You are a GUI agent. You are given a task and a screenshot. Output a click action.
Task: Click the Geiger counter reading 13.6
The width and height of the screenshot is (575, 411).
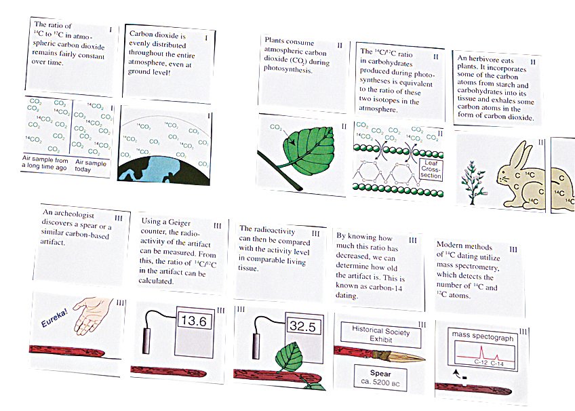click(195, 321)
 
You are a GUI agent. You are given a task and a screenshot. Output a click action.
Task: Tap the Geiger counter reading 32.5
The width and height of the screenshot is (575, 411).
click(302, 326)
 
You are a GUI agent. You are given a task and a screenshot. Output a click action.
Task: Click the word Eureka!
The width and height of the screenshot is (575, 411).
click(54, 318)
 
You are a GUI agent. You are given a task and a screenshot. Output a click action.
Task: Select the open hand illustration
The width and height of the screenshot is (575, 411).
click(92, 315)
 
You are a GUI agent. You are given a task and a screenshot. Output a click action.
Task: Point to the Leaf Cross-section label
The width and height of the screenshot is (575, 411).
click(431, 169)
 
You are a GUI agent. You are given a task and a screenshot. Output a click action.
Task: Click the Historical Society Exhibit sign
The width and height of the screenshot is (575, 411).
click(380, 334)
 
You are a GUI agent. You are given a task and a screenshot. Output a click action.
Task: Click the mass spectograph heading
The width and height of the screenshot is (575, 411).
click(483, 336)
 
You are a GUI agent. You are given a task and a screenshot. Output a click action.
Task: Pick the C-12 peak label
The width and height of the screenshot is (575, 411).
click(481, 362)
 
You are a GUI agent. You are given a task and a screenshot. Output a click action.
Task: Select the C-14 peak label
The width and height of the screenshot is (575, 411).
click(497, 364)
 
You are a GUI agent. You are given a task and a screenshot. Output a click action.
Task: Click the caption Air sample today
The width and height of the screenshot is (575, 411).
click(90, 166)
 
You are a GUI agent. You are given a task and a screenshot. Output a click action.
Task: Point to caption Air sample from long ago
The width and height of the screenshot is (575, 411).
click(45, 163)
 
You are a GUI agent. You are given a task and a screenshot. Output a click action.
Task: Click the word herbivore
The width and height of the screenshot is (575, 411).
click(491, 59)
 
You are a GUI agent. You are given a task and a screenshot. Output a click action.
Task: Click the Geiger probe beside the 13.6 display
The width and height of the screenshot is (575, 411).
click(146, 341)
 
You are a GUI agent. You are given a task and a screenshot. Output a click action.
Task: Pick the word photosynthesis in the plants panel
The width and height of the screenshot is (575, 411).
click(288, 69)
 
